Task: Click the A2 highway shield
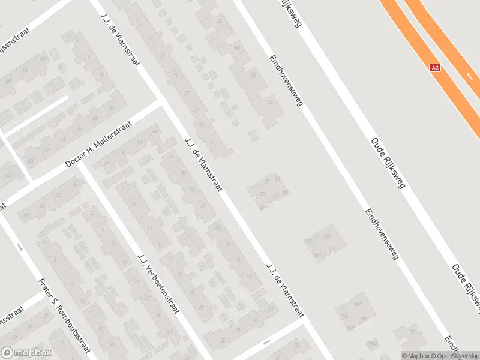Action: click(436, 68)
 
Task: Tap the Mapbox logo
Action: click(26, 353)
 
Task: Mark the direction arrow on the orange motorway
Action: click(469, 76)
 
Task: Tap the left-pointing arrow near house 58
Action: click(267, 342)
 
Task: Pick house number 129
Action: click(327, 237)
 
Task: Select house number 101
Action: click(317, 256)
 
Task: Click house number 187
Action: click(358, 304)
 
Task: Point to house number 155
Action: click(344, 316)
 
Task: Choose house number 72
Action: click(413, 332)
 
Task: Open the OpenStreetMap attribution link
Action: click(458, 356)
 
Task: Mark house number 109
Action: click(309, 241)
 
